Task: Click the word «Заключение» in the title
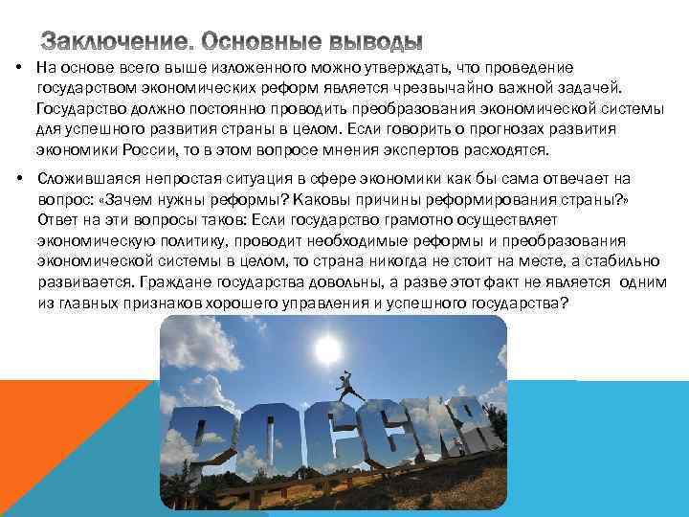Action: pos(114,42)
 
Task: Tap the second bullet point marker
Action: pos(19,179)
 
